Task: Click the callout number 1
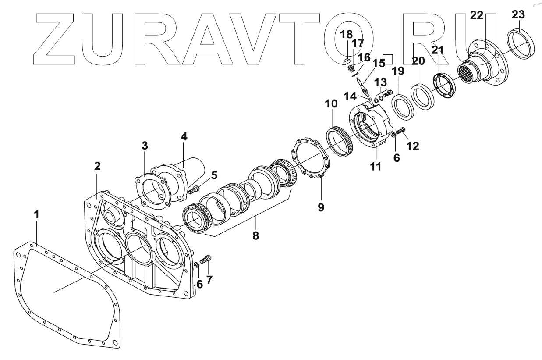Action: pyautogui.click(x=37, y=215)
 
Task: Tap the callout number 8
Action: pyautogui.click(x=255, y=235)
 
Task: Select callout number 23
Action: pyautogui.click(x=518, y=14)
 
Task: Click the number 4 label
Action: pyautogui.click(x=184, y=137)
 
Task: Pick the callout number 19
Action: pyautogui.click(x=398, y=71)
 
